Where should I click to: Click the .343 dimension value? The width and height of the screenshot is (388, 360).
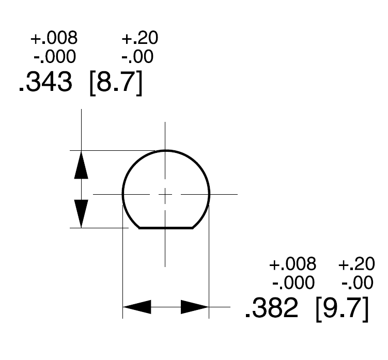click(45, 82)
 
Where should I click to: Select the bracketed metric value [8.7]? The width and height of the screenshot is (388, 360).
click(116, 83)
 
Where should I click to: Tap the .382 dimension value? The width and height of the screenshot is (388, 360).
click(272, 308)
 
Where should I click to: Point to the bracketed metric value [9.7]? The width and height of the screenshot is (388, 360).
click(343, 309)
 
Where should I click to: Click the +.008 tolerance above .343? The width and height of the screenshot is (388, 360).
click(54, 38)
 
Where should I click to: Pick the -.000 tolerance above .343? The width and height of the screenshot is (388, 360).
click(55, 56)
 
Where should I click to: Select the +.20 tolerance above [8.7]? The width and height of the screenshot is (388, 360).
click(140, 38)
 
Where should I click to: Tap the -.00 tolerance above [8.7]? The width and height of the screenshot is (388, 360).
click(137, 56)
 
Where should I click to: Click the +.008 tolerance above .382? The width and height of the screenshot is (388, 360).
click(293, 264)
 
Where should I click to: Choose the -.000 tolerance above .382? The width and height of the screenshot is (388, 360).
click(293, 283)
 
